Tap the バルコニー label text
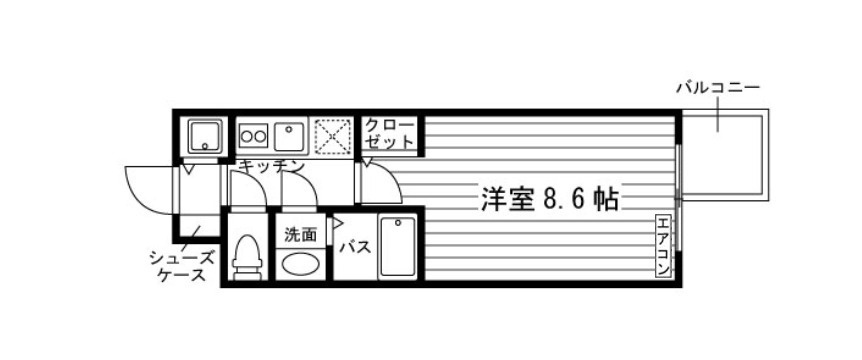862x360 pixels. (x=717, y=88)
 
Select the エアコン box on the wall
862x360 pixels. (x=663, y=246)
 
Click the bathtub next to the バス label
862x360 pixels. (x=396, y=247)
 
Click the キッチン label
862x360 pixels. (x=264, y=166)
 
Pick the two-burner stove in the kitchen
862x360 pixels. (x=254, y=135)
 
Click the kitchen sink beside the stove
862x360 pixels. (x=290, y=135)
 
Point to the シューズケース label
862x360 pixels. (x=181, y=265)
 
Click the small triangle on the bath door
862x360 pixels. (x=337, y=226)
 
